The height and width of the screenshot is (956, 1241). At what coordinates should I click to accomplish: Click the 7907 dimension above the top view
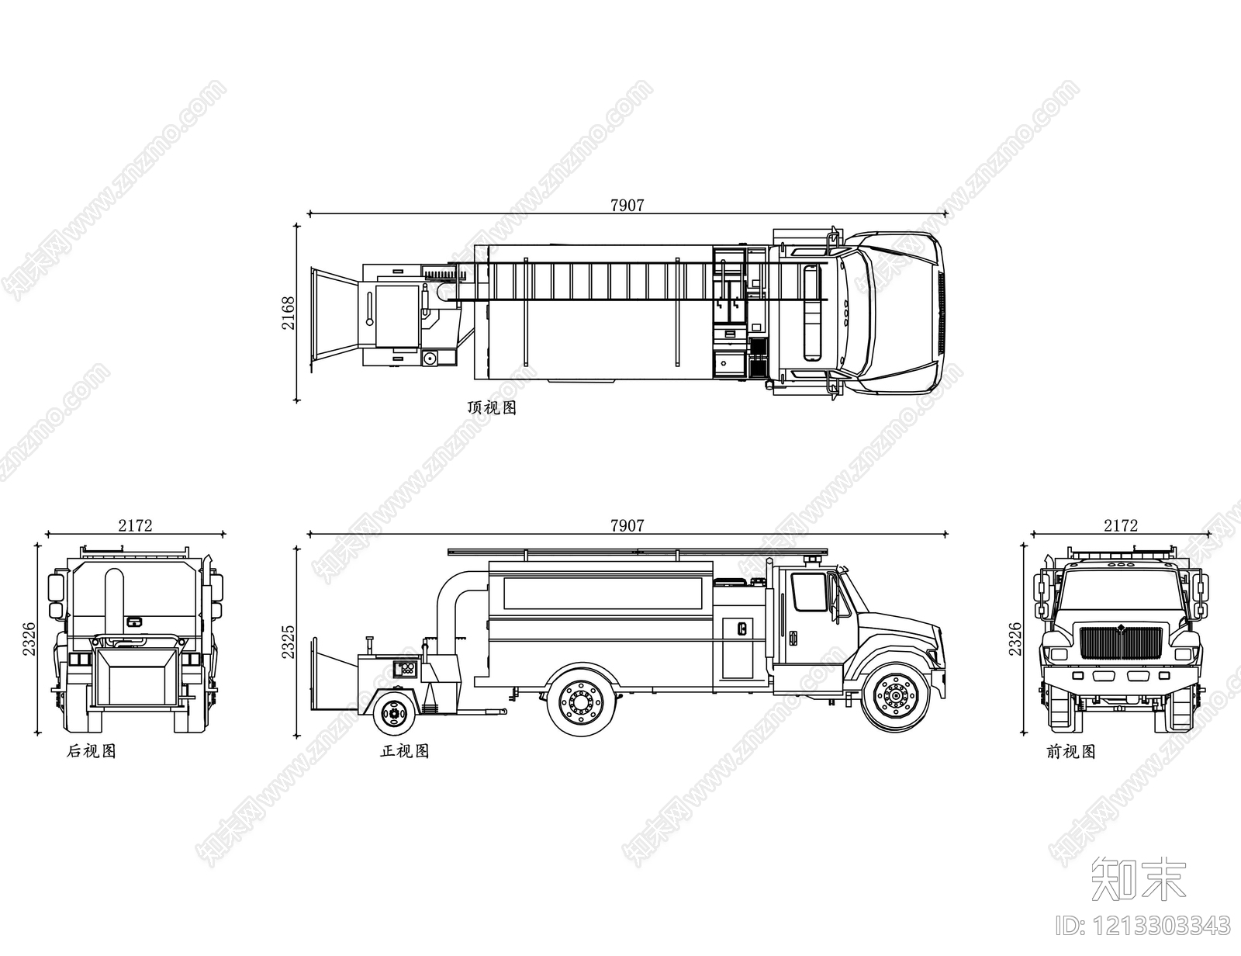pos(627,205)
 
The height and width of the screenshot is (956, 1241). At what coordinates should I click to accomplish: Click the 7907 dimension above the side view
pos(627,525)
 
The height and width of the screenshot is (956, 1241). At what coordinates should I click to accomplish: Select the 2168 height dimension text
pos(289,313)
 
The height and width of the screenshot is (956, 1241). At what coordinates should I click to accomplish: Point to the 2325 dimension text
pos(289,641)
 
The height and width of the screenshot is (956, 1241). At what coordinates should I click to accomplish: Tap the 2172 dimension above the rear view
pos(136,525)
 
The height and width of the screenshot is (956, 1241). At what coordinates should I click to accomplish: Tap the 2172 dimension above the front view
pos(1121,525)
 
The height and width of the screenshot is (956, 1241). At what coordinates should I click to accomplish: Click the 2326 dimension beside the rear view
pos(29,639)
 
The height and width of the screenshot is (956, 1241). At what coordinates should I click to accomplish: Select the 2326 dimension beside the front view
pos(1015,639)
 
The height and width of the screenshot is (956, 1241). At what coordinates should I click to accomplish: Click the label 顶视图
pos(492,407)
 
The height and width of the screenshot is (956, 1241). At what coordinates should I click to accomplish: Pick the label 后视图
pos(92,751)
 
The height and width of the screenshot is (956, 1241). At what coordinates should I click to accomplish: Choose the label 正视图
pos(404,751)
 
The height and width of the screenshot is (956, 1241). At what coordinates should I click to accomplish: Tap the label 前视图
pos(1071,752)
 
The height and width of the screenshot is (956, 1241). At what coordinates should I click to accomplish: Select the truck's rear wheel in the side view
pos(582,701)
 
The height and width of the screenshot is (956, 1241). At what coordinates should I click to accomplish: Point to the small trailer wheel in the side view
pos(393,712)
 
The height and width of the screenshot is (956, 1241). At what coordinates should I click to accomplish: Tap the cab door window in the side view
pos(809,591)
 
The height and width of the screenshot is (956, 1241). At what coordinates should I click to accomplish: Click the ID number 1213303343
pos(1142,926)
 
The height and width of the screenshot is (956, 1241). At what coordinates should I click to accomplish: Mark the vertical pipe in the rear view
pos(114,603)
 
